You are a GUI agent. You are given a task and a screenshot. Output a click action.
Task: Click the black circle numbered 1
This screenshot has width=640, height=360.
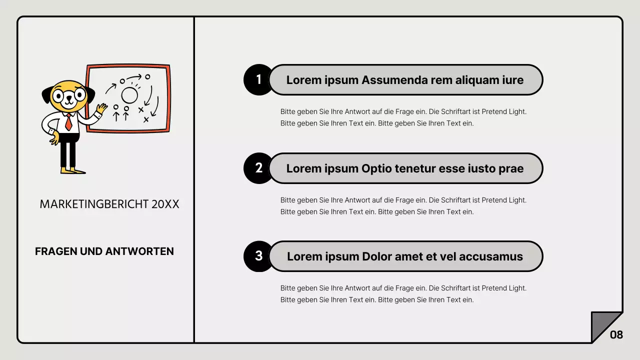(258, 79)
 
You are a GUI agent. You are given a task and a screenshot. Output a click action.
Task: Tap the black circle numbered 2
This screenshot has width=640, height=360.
(258, 168)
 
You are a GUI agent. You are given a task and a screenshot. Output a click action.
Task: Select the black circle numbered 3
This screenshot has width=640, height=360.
(258, 256)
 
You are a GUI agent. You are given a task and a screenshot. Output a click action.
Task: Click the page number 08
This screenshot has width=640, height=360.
(616, 334)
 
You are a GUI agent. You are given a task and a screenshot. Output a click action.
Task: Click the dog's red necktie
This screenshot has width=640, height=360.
(68, 122)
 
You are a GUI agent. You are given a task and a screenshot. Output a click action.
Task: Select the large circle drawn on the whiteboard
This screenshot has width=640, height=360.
(129, 95)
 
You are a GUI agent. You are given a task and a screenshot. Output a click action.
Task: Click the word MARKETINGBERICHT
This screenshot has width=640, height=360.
(94, 204)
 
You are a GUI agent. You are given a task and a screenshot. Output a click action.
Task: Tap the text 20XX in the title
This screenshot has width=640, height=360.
(165, 204)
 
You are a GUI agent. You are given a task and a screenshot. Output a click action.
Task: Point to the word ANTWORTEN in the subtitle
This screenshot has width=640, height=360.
(139, 251)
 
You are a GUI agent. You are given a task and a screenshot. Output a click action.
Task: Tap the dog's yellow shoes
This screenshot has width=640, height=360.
(73, 171)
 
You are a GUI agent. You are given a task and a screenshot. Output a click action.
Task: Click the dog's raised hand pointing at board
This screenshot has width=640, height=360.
(101, 108)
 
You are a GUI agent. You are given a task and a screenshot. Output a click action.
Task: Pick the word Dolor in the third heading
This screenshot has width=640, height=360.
(377, 256)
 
